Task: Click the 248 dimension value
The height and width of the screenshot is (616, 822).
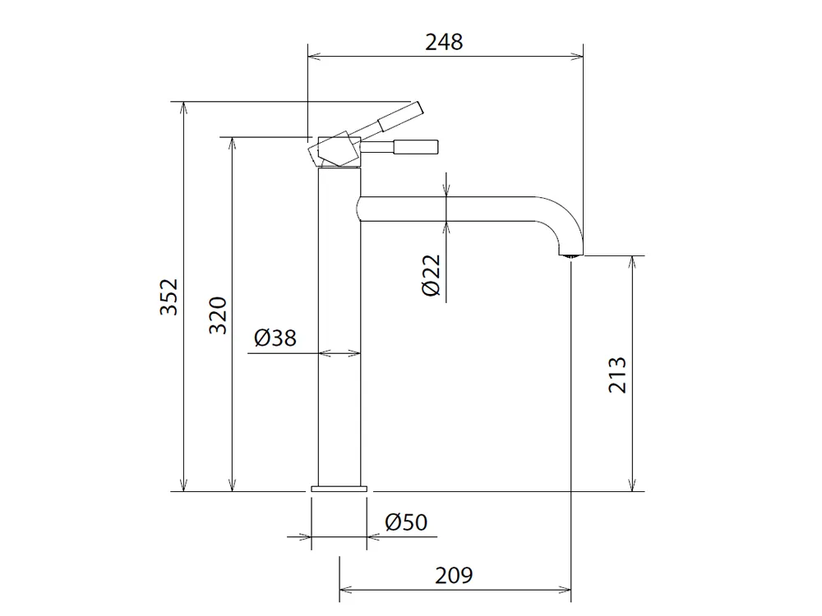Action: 444,43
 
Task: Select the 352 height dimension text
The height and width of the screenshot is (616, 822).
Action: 169,297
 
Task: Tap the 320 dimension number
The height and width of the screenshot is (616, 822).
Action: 218,315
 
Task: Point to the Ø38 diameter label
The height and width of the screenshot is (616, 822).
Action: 275,338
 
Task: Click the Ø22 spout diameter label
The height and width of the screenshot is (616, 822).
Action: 432,275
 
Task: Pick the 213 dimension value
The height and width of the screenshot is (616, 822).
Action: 617,375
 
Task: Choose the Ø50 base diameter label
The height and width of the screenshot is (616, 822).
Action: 406,522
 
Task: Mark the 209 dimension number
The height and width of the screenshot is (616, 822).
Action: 454,575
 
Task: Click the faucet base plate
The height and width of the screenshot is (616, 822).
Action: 339,490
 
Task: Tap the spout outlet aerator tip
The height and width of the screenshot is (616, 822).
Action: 570,255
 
